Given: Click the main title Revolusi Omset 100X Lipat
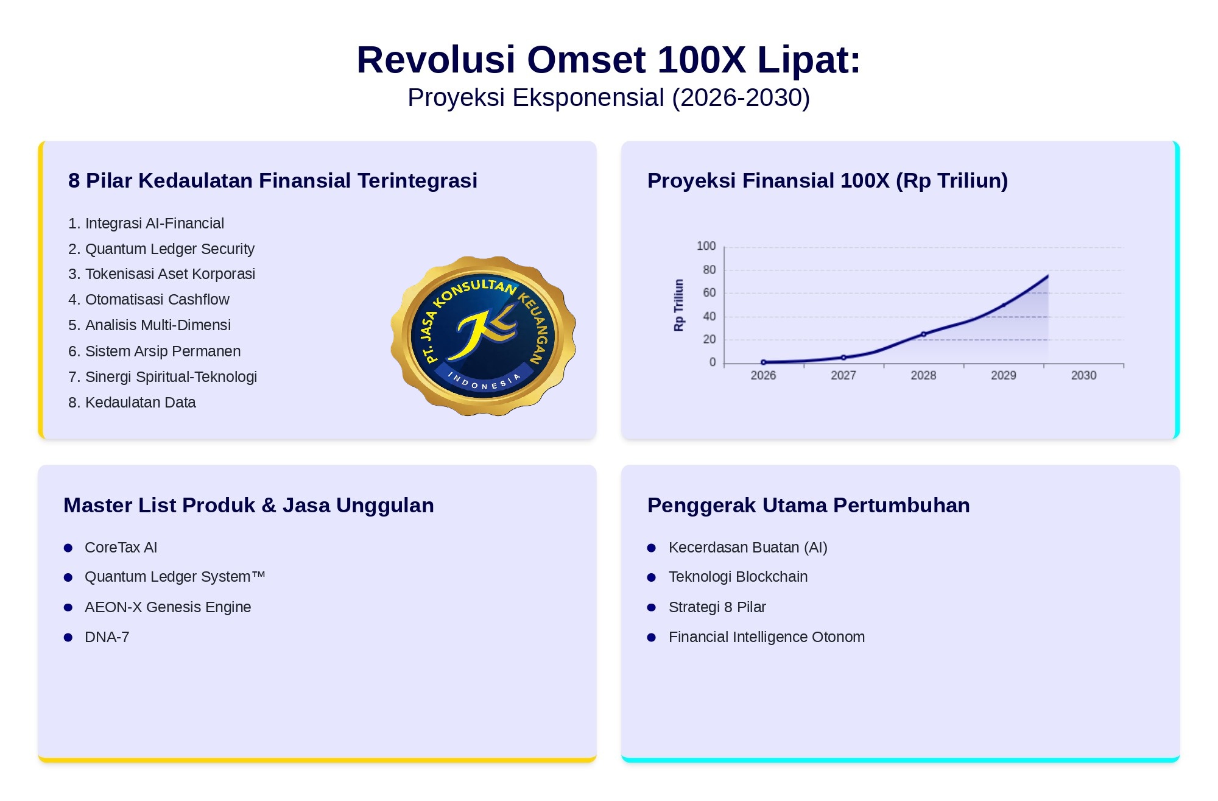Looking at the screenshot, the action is (608, 60).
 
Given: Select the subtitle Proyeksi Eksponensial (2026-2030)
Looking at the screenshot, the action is (608, 97).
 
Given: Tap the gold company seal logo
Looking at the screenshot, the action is (484, 336).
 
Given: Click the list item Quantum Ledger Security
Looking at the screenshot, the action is (161, 249).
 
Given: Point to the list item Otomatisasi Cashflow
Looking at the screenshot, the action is (149, 299).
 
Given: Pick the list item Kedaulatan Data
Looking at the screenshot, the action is (132, 402).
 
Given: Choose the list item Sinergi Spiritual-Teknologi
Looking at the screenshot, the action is (163, 376).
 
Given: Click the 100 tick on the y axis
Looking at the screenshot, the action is (706, 246).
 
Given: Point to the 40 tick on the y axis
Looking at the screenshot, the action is (709, 316).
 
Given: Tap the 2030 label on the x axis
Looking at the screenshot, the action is (1083, 375).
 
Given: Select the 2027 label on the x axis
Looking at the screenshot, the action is (843, 375).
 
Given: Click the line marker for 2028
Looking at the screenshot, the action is (923, 334).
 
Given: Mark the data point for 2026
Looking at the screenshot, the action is (763, 362).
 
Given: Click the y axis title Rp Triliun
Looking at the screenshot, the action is (678, 305).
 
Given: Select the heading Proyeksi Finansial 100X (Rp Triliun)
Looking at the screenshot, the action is (828, 180).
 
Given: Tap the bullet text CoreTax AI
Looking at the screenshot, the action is (121, 547).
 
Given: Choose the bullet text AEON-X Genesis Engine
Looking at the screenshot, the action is (167, 607).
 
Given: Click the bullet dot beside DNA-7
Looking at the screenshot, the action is (68, 637).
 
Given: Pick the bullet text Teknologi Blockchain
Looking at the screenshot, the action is (738, 576).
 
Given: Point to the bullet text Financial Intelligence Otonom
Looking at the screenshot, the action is (767, 637).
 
